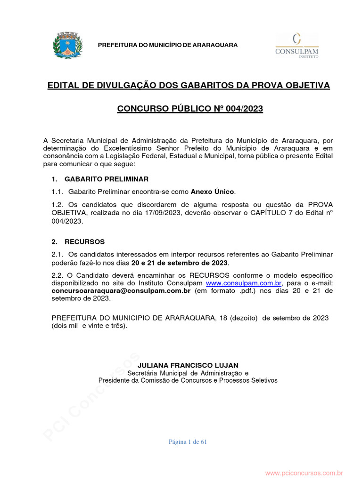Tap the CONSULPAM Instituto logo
pyautogui.click(x=296, y=45)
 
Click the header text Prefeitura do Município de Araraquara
pyautogui.click(x=167, y=45)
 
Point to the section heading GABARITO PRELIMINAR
pyautogui.click(x=107, y=179)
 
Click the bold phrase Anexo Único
pyautogui.click(x=212, y=192)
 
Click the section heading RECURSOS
pyautogui.click(x=84, y=242)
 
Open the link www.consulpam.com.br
pyautogui.click(x=244, y=283)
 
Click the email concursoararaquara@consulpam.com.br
pyautogui.click(x=121, y=291)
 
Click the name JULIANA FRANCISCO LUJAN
pyautogui.click(x=188, y=365)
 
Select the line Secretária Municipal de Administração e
pyautogui.click(x=188, y=373)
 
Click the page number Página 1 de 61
pyautogui.click(x=188, y=442)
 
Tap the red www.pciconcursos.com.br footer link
pyautogui.click(x=304, y=473)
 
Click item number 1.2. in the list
pyautogui.click(x=57, y=204)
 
